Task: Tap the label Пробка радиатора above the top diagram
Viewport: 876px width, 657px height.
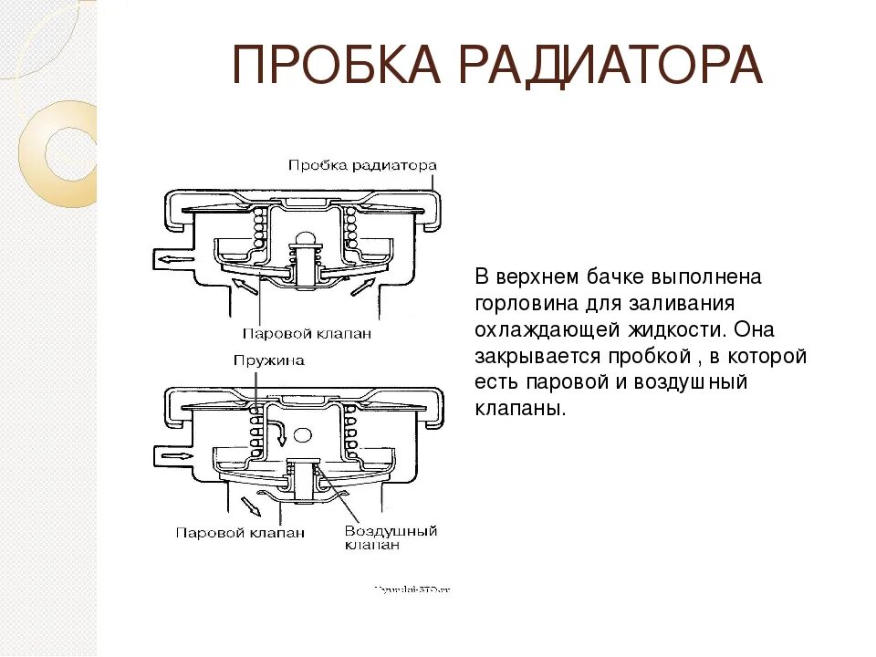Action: [x=362, y=165]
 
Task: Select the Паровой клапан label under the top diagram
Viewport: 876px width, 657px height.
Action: [x=307, y=333]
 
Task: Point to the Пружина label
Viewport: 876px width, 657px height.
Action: [x=268, y=360]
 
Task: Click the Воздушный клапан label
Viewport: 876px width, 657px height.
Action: [x=391, y=537]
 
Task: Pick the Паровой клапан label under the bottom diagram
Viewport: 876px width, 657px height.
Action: [x=240, y=533]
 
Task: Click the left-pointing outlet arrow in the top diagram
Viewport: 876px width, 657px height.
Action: [x=174, y=259]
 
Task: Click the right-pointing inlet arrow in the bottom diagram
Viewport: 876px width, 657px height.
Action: [x=173, y=454]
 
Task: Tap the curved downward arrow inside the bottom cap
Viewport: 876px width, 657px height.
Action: [x=277, y=428]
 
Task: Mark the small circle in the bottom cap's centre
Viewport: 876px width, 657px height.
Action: [x=304, y=436]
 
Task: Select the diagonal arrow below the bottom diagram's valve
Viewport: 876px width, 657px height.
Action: [x=246, y=505]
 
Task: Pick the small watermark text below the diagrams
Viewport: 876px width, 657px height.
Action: [x=412, y=589]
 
